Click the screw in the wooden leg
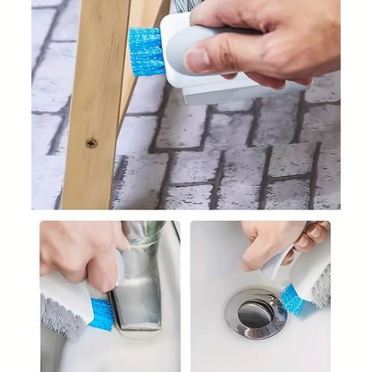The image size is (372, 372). [91, 142]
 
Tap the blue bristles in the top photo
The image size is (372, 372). [146, 51]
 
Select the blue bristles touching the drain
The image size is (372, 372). [292, 300]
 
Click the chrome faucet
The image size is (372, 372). [141, 277]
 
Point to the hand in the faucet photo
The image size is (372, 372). [80, 255]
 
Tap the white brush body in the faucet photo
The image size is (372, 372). [67, 295]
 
